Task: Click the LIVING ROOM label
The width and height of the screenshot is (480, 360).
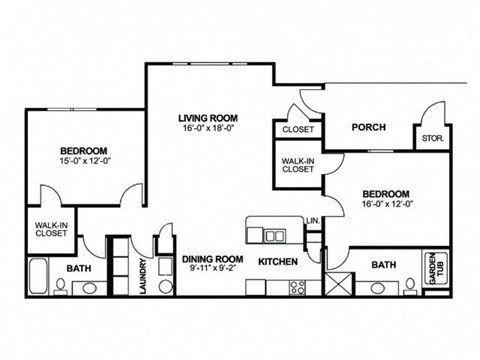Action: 208,117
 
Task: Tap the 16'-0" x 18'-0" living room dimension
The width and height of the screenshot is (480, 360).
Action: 208,128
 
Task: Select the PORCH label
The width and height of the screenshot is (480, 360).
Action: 369,128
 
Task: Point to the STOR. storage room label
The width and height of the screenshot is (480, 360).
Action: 432,138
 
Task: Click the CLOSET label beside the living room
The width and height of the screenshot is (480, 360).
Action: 297,130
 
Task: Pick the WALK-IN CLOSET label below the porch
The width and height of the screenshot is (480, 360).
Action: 297,165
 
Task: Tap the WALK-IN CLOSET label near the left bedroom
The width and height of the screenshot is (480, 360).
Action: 45,229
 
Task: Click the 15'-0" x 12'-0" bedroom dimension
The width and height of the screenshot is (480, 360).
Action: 83,160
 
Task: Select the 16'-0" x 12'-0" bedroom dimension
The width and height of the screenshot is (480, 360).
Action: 385,204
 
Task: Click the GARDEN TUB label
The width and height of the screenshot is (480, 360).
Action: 436,265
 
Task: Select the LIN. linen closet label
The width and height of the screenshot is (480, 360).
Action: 312,220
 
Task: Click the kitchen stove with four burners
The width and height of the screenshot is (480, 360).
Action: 298,287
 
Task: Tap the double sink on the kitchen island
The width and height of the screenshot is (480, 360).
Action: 275,235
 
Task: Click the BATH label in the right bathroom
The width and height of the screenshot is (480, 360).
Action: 384,265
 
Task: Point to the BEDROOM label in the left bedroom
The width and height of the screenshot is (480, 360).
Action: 83,150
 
